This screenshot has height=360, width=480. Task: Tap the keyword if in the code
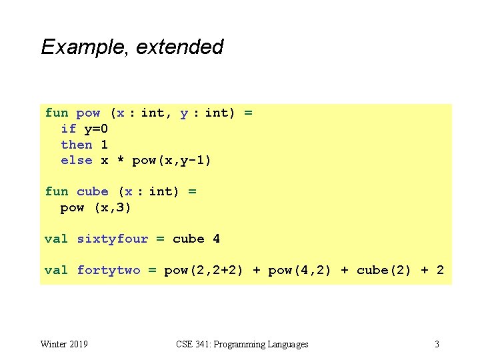(x=68, y=129)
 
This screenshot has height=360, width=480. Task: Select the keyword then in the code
(x=76, y=145)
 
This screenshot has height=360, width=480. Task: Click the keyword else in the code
(x=76, y=160)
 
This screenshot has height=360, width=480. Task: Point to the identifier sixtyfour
(x=112, y=239)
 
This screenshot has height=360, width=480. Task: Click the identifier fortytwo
(x=109, y=270)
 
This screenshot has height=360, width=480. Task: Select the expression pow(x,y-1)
(x=171, y=160)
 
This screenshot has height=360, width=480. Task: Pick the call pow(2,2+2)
(x=203, y=270)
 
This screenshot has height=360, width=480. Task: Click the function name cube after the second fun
(x=92, y=191)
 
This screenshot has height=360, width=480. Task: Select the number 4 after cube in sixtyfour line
(x=216, y=239)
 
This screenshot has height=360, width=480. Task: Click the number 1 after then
(x=104, y=145)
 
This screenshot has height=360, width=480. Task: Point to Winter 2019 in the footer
(x=64, y=344)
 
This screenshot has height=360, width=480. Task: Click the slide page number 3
(x=437, y=344)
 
